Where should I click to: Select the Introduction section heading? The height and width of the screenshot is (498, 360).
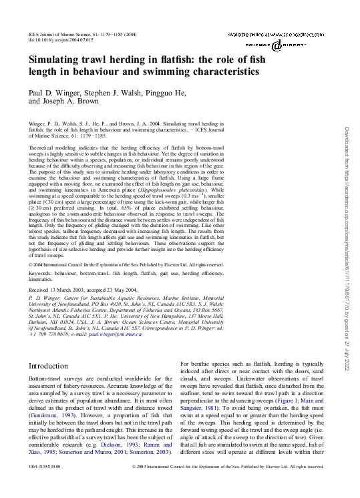tap(51, 366)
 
